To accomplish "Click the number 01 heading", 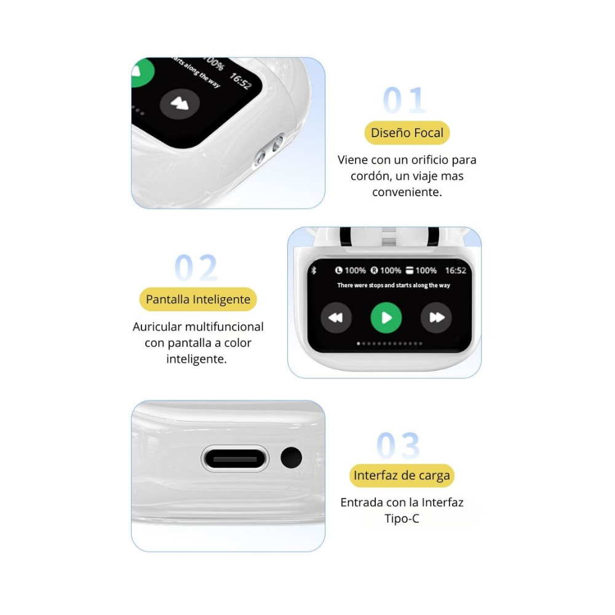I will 404,100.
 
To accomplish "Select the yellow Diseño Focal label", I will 407,133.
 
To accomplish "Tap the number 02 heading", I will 196,268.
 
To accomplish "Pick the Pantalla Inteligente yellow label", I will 198,300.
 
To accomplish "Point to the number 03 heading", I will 398,446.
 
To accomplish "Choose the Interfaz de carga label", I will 402,475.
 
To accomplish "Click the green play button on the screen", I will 386,318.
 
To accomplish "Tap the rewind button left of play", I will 336,318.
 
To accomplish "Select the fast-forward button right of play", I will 436,318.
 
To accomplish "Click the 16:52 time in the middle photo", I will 455,271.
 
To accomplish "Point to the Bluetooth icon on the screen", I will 312,271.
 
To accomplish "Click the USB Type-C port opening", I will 235,459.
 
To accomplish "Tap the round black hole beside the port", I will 291,458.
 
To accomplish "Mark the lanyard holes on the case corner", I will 269,150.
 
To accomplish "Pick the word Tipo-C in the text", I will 402,518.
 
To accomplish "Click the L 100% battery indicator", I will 351,271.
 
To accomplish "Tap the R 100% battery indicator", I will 386,271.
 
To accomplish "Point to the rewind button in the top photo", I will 180,103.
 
